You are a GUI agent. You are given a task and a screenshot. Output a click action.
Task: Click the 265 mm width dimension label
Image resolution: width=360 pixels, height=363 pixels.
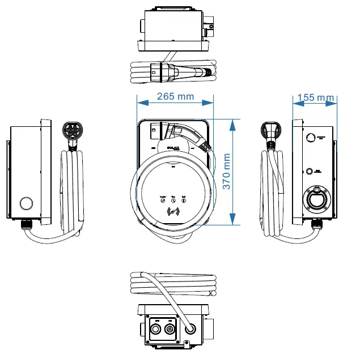pyautogui.click(x=175, y=96)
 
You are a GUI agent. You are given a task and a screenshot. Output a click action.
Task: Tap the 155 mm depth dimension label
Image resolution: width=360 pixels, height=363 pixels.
pyautogui.click(x=316, y=97)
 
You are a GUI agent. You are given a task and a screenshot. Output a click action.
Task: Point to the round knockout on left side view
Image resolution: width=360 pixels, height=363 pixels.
pyautogui.click(x=26, y=202)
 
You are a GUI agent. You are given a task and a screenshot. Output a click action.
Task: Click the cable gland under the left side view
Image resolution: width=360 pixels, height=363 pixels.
pyautogui.click(x=27, y=225)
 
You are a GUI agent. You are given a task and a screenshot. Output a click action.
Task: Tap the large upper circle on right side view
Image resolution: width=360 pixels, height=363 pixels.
pyautogui.click(x=310, y=137)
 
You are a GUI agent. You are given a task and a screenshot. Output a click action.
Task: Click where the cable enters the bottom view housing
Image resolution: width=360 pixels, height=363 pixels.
pyautogui.click(x=190, y=327)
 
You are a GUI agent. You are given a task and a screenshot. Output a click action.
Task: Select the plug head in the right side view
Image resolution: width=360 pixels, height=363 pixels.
pyautogui.click(x=273, y=130)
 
